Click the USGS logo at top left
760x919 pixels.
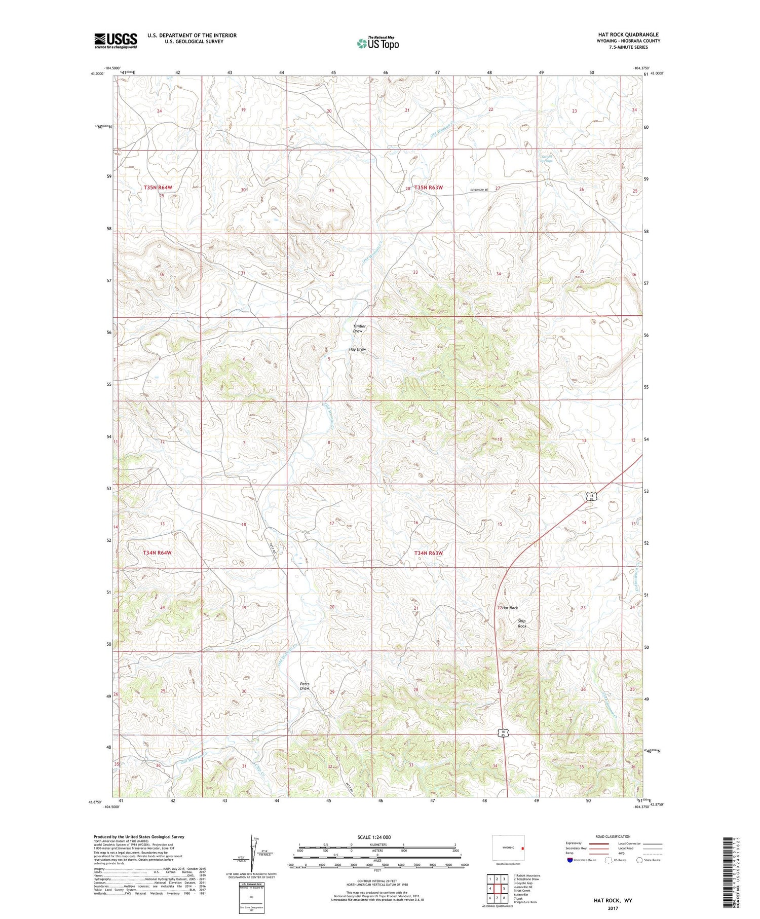pyautogui.click(x=116, y=41)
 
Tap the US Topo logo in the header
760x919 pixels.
pyautogui.click(x=378, y=43)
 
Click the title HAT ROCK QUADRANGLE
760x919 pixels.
pyautogui.click(x=628, y=34)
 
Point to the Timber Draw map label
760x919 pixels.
pyautogui.click(x=359, y=328)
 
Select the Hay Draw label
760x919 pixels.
pyautogui.click(x=357, y=349)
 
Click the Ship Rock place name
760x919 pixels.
pyautogui.click(x=522, y=623)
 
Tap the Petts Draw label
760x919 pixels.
pyautogui.click(x=305, y=686)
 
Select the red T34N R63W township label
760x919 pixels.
pyautogui.click(x=428, y=553)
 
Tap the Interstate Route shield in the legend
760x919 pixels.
pyautogui.click(x=570, y=860)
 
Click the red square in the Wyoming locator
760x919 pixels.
pyautogui.click(x=523, y=848)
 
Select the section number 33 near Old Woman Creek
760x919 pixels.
pyautogui.click(x=415, y=272)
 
